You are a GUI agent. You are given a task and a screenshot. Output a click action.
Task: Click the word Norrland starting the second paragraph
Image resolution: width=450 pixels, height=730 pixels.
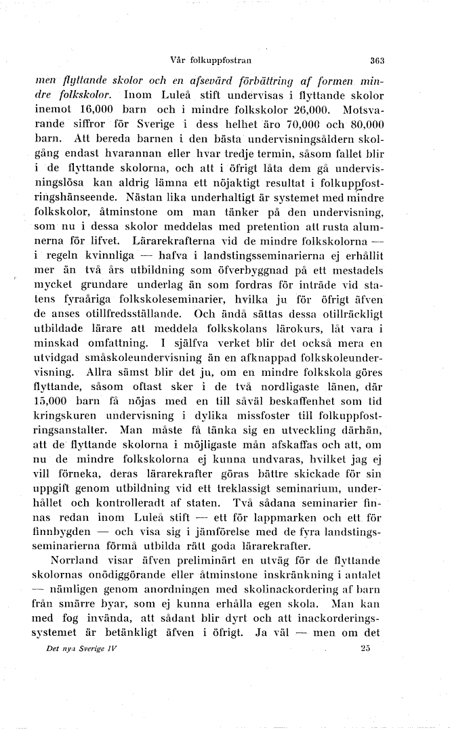click(x=75, y=560)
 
